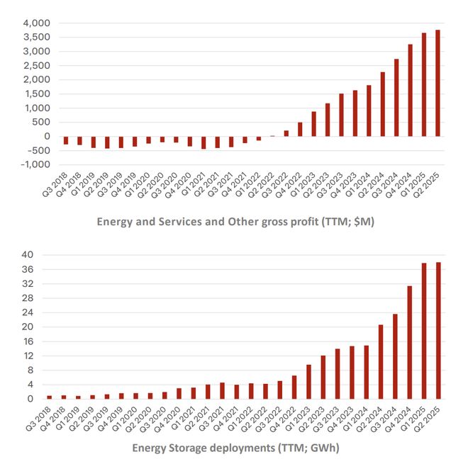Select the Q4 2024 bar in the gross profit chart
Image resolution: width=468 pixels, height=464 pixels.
[x=410, y=91]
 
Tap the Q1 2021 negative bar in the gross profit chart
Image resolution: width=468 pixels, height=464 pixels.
[x=204, y=142]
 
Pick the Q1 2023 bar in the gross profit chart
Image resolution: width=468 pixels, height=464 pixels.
[x=313, y=124]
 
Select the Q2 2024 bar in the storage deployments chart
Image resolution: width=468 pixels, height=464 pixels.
[x=381, y=361]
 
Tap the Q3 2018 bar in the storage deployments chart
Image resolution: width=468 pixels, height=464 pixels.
[x=50, y=397]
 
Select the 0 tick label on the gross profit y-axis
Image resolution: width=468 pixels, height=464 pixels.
[x=48, y=136]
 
